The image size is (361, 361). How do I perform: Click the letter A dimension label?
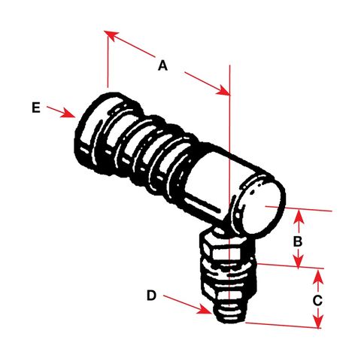(x=162, y=65)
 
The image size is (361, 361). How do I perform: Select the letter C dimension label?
(x=317, y=299)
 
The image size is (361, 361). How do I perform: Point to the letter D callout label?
(x=150, y=296)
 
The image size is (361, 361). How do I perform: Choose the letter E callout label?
(x=35, y=108)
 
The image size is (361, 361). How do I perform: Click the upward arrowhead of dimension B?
(x=299, y=216)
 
